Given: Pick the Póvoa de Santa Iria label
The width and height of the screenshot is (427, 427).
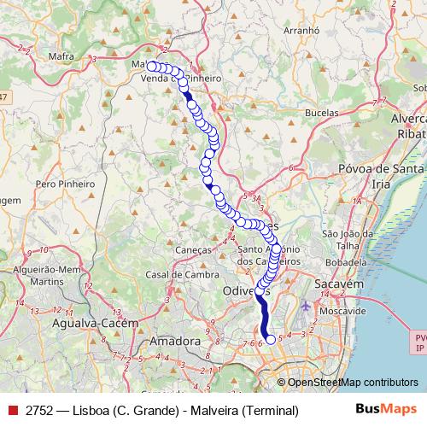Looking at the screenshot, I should (381, 176).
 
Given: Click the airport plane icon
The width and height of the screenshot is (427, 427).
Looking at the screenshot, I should (307, 304).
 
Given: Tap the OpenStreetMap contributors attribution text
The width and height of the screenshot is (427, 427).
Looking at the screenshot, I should (352, 383).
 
